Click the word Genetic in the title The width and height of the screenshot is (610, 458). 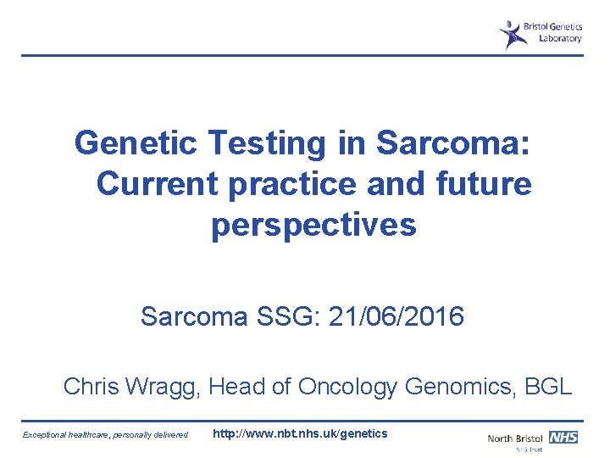[x=135, y=143]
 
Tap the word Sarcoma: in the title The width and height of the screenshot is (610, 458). [x=454, y=143]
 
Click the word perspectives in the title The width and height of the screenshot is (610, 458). [x=313, y=226]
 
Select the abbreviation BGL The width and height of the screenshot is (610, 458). [x=548, y=387]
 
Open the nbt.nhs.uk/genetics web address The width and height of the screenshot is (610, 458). [x=300, y=434]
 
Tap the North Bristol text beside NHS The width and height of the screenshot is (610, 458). [x=516, y=438]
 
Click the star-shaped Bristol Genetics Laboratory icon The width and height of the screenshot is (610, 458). [x=511, y=34]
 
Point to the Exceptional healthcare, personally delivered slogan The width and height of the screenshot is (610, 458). [x=107, y=435]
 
